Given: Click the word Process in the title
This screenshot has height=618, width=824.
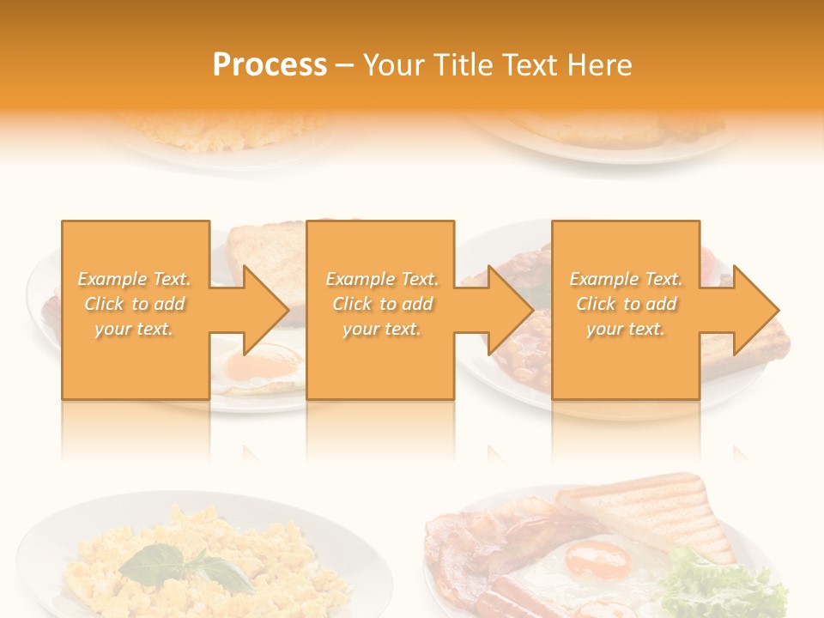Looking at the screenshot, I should (270, 65).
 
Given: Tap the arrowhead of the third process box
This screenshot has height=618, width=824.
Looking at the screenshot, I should (755, 310).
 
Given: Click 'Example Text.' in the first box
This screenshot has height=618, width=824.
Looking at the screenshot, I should (135, 279).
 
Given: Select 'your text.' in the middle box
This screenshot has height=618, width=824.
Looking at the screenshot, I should (381, 329).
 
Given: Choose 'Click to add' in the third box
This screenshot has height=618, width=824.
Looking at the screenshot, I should (626, 304).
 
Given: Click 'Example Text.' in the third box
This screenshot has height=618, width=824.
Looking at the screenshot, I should (626, 279).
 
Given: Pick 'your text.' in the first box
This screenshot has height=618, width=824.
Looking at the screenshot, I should (135, 329).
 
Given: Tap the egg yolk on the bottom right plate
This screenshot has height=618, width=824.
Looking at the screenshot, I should (597, 561).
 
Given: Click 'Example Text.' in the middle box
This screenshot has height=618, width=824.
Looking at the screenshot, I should (381, 279).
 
